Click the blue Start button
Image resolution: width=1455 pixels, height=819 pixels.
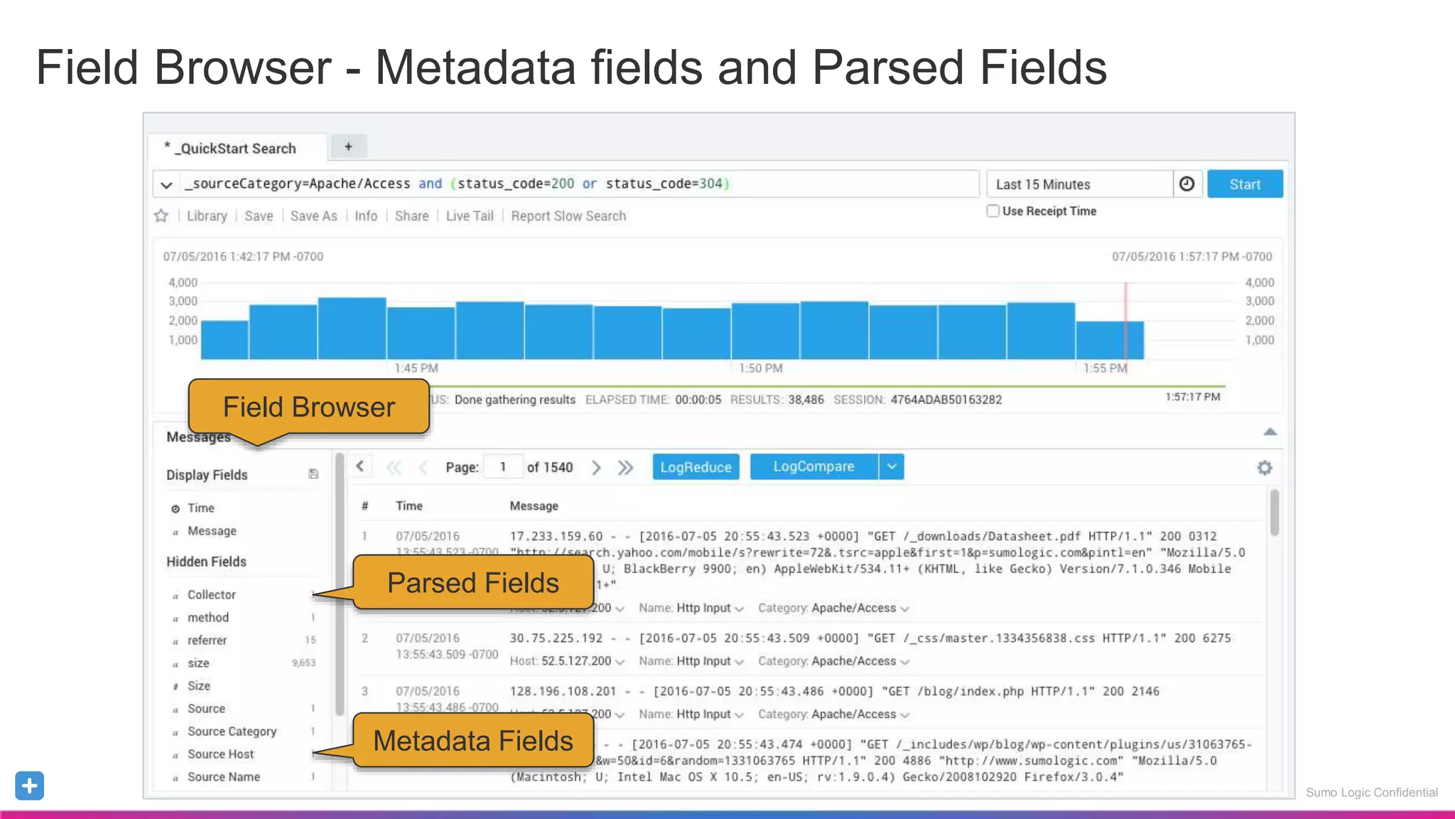[x=1245, y=184]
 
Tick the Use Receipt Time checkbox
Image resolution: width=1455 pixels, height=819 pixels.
[x=993, y=211]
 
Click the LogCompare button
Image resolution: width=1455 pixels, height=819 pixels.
[x=813, y=467]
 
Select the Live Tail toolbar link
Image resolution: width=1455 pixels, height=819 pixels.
[x=470, y=216]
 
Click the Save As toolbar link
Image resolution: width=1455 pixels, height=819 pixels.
[x=313, y=216]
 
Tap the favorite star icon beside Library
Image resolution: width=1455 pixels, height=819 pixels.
[x=161, y=216]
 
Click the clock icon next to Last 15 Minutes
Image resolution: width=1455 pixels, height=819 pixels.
[x=1186, y=184]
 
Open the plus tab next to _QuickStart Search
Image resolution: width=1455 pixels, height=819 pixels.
[x=348, y=147]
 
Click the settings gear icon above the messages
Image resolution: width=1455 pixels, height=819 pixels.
[x=1265, y=468]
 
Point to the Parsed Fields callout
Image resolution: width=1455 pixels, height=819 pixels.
[x=473, y=583]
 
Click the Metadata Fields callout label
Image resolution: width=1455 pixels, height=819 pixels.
[x=473, y=741]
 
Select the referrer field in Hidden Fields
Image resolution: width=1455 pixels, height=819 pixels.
[x=207, y=641]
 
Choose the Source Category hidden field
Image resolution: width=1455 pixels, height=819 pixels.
[x=232, y=732]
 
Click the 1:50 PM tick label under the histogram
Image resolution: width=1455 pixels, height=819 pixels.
[x=760, y=368]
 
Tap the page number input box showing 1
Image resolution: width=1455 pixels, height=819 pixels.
[x=503, y=467]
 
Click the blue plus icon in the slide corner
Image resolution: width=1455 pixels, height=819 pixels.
[x=29, y=786]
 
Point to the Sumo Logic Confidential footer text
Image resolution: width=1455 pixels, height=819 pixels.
[x=1371, y=793]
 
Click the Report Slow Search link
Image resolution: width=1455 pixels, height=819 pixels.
[x=568, y=216]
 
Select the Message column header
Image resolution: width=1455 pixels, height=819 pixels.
[x=534, y=506]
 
